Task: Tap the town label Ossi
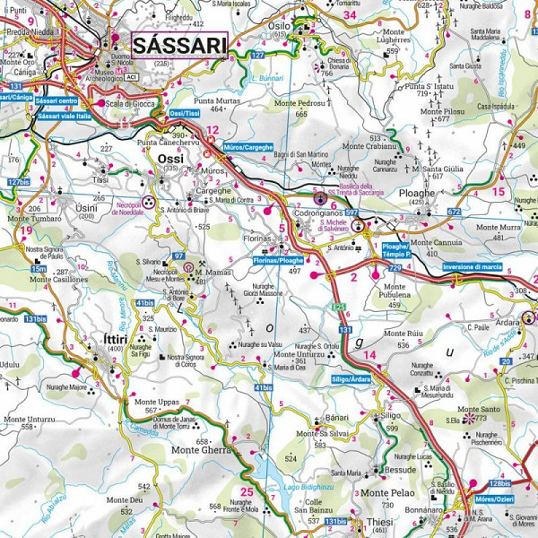(169, 158)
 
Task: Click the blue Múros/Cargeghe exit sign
(246, 145)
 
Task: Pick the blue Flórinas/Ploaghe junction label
(279, 260)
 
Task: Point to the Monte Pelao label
(387, 493)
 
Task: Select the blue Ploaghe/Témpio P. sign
(395, 250)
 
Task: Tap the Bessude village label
(400, 469)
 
